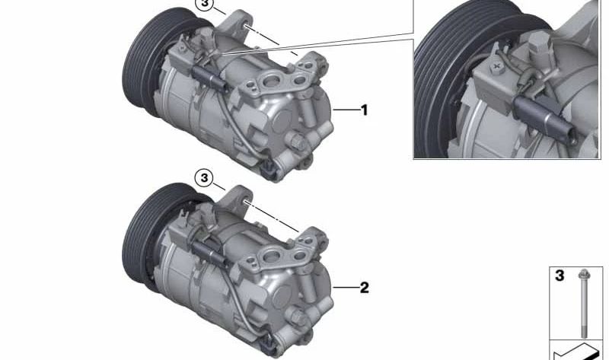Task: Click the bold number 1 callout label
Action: pyautogui.click(x=364, y=110)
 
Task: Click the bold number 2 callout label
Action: pyautogui.click(x=365, y=288)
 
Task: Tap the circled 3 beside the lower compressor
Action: pyautogui.click(x=204, y=178)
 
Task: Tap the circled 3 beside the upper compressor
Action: pyautogui.click(x=205, y=4)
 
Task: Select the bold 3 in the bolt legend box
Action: pyautogui.click(x=560, y=276)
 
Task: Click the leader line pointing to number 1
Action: pyautogui.click(x=346, y=110)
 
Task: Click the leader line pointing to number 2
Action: pyautogui.click(x=346, y=288)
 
